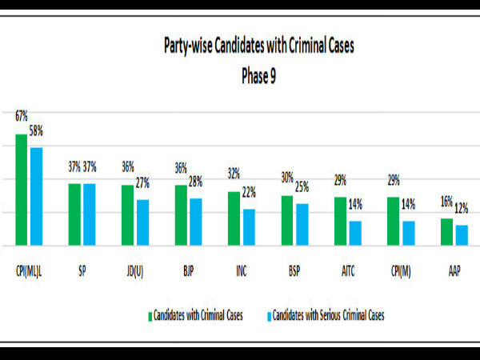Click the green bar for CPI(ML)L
click(22, 190)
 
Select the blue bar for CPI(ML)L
click(36, 196)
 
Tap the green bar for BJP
click(181, 215)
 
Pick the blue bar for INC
click(249, 227)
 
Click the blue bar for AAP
click(461, 235)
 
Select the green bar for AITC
click(340, 221)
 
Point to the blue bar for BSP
click(302, 224)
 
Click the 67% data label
click(22, 117)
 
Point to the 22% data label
click(250, 193)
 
